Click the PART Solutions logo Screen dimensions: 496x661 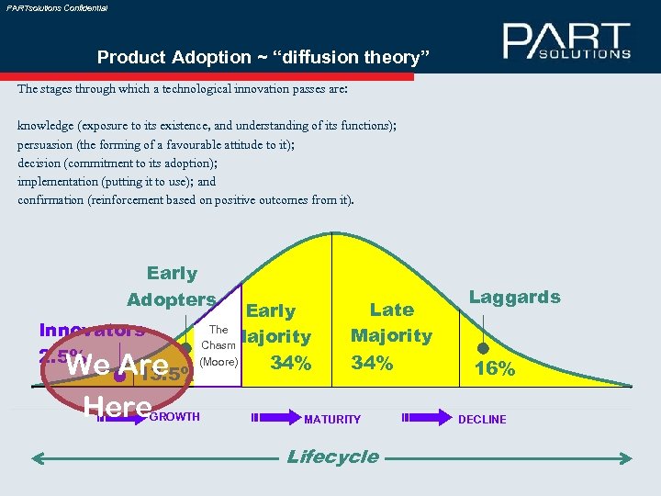click(566, 41)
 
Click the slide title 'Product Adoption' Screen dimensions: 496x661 click(263, 57)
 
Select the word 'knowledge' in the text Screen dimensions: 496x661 click(47, 127)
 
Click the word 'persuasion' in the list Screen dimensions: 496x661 click(48, 145)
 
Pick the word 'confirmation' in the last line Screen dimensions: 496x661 click(50, 200)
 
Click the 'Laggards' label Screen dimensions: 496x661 click(514, 297)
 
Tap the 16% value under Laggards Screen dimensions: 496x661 click(494, 369)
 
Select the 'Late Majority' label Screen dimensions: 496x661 click(391, 322)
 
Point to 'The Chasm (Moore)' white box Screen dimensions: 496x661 click(218, 345)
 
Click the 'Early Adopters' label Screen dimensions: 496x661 click(172, 287)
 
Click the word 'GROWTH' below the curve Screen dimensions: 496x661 click(174, 417)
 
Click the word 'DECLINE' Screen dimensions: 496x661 click(482, 419)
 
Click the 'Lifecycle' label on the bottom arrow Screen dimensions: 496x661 click(332, 457)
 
